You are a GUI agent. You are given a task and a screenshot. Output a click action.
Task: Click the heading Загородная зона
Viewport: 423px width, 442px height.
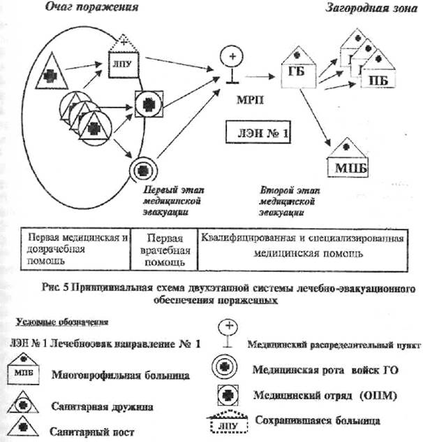(365, 8)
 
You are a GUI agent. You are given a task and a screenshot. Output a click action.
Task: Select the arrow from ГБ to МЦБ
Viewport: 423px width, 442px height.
(320, 119)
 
